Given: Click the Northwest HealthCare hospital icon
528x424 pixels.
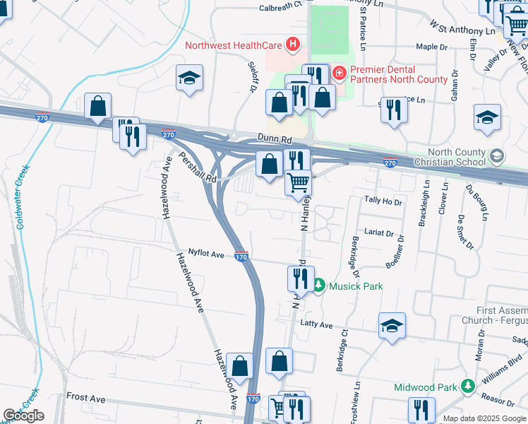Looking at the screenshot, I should (293, 46).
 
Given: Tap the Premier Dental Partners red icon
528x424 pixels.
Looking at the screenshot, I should (340, 72).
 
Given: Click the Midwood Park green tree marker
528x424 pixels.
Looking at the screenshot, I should (467, 386).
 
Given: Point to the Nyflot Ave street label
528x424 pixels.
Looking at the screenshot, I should (205, 252).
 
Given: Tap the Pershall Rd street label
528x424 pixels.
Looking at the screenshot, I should (197, 167).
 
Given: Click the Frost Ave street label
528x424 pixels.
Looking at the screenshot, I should (85, 399).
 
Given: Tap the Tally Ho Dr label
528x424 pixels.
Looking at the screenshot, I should (383, 201).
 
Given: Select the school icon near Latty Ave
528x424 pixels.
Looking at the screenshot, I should (392, 325).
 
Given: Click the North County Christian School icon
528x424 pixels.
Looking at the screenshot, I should (497, 155).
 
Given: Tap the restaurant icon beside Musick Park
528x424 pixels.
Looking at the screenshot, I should (299, 279).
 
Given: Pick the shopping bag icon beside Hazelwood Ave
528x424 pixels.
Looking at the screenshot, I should (240, 366).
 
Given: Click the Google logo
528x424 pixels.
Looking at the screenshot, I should (23, 416).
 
